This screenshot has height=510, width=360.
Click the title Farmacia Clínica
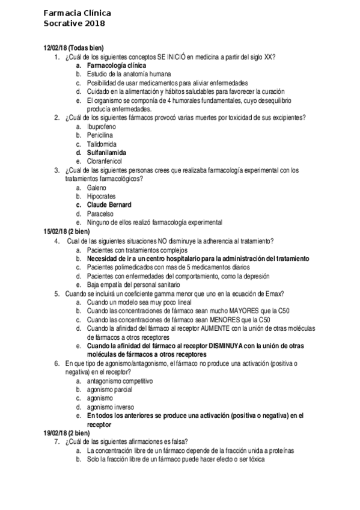tap(77, 13)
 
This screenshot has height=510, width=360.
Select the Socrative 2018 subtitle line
tap(74, 23)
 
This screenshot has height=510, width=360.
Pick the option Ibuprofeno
tap(102, 127)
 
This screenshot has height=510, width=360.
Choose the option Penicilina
tap(100, 136)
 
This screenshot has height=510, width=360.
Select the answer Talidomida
tap(100, 144)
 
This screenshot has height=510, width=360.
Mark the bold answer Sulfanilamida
tap(106, 153)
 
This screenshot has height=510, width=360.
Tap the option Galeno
tap(97, 188)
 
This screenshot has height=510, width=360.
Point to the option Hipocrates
tap(102, 197)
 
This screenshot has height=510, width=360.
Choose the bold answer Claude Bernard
tap(109, 205)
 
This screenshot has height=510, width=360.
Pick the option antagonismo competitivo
tap(120, 381)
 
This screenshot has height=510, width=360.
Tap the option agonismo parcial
tap(109, 390)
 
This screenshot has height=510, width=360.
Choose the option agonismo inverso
tap(111, 407)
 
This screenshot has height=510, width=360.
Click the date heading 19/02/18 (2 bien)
tap(67, 433)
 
